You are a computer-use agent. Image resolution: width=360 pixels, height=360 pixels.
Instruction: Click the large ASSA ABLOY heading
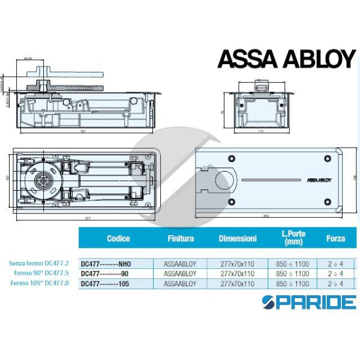286,59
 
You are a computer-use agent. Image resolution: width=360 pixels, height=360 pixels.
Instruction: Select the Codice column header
118,239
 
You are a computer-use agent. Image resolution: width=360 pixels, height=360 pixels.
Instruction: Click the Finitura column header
180,239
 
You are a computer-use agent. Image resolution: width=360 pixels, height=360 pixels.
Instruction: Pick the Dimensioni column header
238,239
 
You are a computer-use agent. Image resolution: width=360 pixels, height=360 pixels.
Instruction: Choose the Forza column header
335,239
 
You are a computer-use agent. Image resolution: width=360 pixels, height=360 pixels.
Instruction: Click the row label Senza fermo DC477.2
40,263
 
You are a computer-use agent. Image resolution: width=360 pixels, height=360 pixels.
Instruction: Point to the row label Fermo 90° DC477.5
44,273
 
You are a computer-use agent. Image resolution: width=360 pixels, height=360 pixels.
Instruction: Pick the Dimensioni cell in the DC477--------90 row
238,274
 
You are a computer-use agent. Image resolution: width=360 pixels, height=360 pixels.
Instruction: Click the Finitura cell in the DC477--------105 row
180,283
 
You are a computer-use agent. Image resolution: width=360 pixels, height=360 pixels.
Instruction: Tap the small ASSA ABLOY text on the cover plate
319,178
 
